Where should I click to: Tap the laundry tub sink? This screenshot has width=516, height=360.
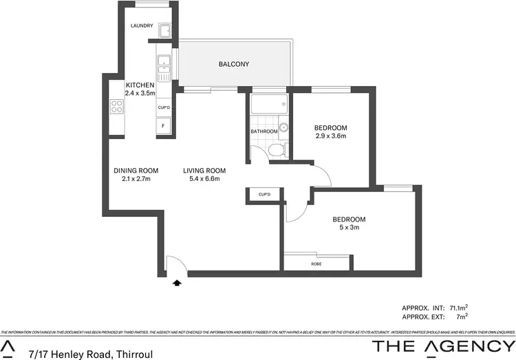(x=165, y=31)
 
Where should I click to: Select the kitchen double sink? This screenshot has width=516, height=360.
(x=164, y=64)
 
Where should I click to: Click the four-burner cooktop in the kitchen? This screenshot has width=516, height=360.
(x=117, y=107)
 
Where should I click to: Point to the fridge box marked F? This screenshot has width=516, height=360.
(x=164, y=126)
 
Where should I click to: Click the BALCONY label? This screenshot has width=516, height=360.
(x=233, y=64)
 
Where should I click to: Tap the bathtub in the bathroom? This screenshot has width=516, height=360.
(x=269, y=106)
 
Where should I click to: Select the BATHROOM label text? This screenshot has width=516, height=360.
(x=264, y=131)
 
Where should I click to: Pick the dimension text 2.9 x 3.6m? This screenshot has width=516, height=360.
(x=330, y=136)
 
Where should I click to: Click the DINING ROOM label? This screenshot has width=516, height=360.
(x=136, y=171)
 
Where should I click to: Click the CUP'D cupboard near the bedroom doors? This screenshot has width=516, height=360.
(x=265, y=195)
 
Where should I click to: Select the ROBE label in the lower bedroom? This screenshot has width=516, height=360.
(x=316, y=264)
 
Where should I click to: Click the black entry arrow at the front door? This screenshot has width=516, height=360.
(x=178, y=282)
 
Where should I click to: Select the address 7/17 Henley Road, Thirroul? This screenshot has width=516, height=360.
(x=90, y=354)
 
